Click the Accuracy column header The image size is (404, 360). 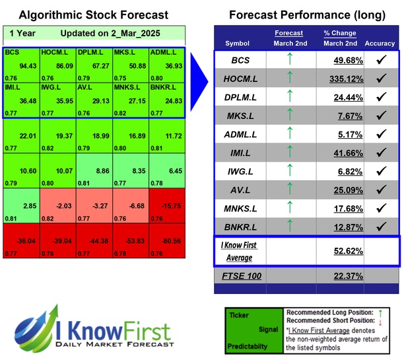380,43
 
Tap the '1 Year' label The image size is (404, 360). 21,33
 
